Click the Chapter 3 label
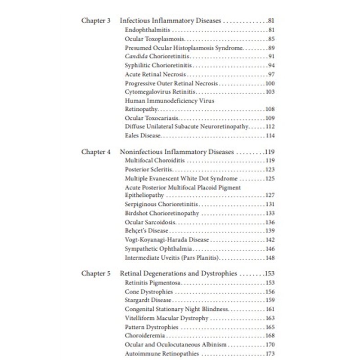point(96,21)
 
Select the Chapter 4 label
point(96,152)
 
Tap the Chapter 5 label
point(96,273)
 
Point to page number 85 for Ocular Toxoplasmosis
point(271,39)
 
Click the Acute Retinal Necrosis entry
point(156,74)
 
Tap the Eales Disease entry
point(143,135)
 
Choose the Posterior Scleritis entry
point(149,170)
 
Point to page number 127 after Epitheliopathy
point(270,195)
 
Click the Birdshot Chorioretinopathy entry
point(162,213)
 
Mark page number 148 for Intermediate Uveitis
point(270,257)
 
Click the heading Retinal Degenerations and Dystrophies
point(179,273)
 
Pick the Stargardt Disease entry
point(148,300)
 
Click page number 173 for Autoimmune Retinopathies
point(270,353)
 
